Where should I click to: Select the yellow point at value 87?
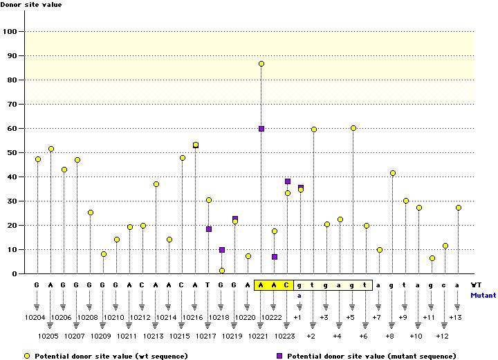click(261, 64)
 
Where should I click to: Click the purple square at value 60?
click(261, 129)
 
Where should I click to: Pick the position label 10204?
click(37, 317)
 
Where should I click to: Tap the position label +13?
click(455, 317)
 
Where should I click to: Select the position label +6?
click(364, 336)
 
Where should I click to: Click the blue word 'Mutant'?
click(483, 294)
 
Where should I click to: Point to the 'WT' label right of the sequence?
click(477, 285)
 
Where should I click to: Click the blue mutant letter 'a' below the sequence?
click(300, 294)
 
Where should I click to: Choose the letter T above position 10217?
click(209, 285)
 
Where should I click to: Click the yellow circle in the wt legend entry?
click(27, 355)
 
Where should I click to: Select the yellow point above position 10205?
click(51, 149)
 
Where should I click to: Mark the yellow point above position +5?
click(353, 128)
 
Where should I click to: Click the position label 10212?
click(142, 317)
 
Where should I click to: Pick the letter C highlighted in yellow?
click(286, 285)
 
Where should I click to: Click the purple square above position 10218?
click(222, 250)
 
